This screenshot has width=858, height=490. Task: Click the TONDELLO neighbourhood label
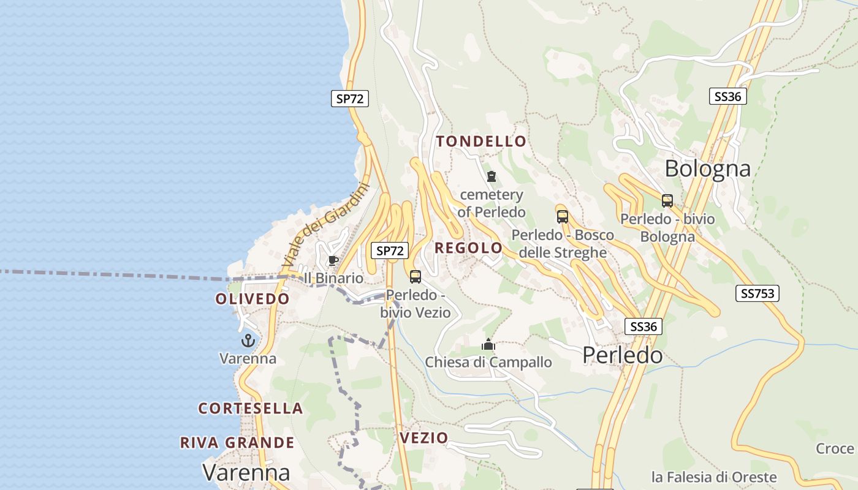pyautogui.click(x=481, y=141)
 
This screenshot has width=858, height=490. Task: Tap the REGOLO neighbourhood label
pyautogui.click(x=469, y=248)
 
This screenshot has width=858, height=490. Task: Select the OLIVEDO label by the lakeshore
pyautogui.click(x=252, y=299)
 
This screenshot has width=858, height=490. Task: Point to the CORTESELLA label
pyautogui.click(x=251, y=408)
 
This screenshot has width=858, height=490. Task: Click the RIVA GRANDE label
pyautogui.click(x=237, y=442)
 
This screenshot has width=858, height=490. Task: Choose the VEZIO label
pyautogui.click(x=423, y=438)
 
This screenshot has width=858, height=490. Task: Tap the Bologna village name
pyautogui.click(x=707, y=168)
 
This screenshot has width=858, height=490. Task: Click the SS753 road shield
pyautogui.click(x=757, y=293)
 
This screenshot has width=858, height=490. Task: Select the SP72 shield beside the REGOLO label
pyautogui.click(x=390, y=251)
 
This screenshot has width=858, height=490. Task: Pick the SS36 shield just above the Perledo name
pyautogui.click(x=643, y=326)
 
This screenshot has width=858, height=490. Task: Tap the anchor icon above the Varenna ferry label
pyautogui.click(x=248, y=341)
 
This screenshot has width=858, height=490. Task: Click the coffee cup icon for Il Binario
pyautogui.click(x=333, y=261)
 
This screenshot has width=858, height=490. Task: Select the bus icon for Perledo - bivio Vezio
pyautogui.click(x=416, y=277)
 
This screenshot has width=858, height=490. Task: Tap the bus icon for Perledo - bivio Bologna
pyautogui.click(x=667, y=200)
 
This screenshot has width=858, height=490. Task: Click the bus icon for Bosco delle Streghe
pyautogui.click(x=563, y=216)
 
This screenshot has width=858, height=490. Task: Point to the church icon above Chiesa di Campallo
pyautogui.click(x=488, y=344)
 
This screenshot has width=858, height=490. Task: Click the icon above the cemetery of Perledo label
pyautogui.click(x=491, y=177)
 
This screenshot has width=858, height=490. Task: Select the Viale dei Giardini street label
pyautogui.click(x=327, y=225)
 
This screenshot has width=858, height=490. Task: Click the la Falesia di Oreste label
pyautogui.click(x=714, y=477)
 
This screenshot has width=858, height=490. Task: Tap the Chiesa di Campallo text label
pyautogui.click(x=488, y=362)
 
